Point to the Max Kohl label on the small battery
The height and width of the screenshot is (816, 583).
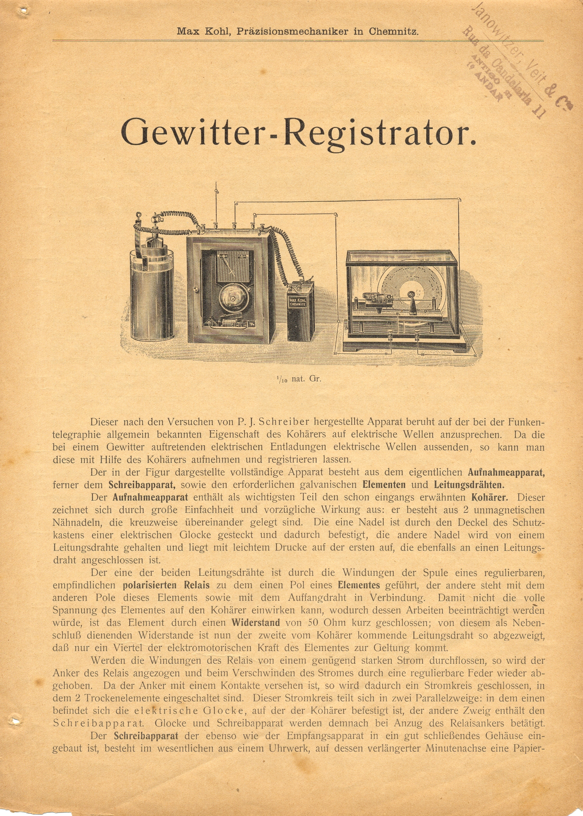(x=298, y=303)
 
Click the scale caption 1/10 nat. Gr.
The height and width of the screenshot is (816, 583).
(x=298, y=379)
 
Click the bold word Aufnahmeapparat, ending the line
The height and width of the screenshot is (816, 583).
(x=506, y=472)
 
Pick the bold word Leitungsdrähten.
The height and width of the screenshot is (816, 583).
(x=469, y=485)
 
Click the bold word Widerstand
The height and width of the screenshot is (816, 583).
(x=256, y=623)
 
